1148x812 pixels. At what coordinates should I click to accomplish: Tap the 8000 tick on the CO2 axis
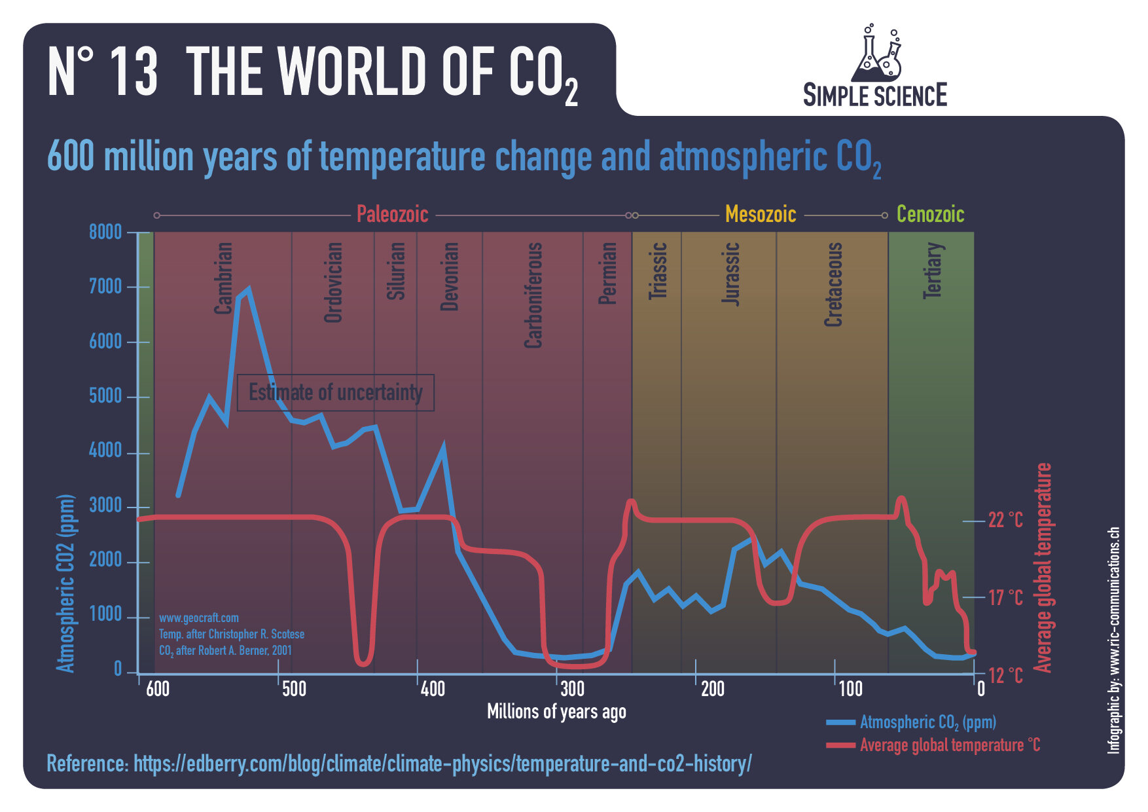(x=105, y=232)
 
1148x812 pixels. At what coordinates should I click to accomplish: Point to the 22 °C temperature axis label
(x=1005, y=520)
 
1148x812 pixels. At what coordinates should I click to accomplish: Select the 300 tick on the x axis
(x=572, y=689)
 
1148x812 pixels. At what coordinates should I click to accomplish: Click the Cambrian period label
(x=224, y=278)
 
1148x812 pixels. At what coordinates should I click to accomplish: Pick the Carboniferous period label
(x=534, y=295)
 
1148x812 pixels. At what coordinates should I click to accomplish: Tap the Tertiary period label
(x=933, y=270)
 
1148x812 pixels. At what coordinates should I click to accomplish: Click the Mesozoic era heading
(x=761, y=214)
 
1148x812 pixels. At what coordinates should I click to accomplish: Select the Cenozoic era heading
(x=930, y=214)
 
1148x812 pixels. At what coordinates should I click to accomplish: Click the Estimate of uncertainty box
(x=335, y=392)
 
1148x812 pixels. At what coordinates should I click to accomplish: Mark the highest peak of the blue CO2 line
(x=248, y=289)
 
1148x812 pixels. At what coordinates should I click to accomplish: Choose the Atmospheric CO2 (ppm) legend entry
(x=927, y=722)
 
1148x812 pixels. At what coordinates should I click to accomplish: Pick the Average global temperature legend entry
(x=949, y=745)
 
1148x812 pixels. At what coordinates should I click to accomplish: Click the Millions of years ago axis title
(x=556, y=712)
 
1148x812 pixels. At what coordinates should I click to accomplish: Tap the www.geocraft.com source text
(x=199, y=618)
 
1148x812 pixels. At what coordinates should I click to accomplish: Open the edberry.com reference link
(x=442, y=764)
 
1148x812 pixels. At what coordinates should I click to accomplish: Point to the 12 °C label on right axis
(x=1005, y=675)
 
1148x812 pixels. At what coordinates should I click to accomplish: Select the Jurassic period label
(x=731, y=274)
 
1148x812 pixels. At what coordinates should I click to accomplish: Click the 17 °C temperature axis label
(x=1005, y=597)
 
